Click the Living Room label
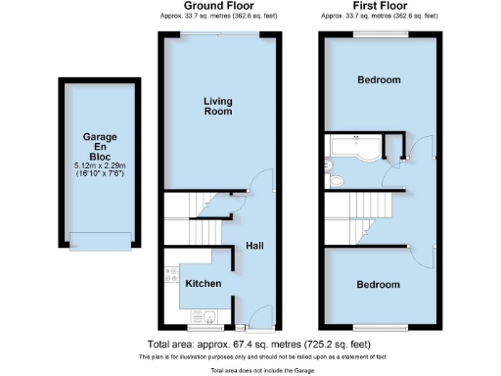click(x=218, y=106)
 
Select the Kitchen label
click(x=203, y=284)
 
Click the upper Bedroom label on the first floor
click(x=378, y=80)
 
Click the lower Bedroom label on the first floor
click(x=378, y=284)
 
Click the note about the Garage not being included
click(x=251, y=371)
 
